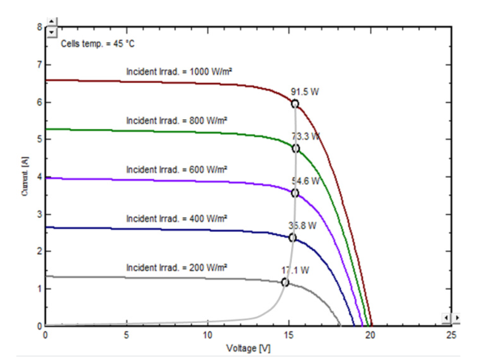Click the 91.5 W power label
point(305,92)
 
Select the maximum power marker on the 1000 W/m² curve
point(295,104)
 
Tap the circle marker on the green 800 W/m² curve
point(296,148)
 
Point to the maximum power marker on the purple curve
point(295,193)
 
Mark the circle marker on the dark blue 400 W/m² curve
point(293,238)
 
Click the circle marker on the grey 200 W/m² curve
point(285,282)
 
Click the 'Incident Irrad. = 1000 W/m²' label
point(176,72)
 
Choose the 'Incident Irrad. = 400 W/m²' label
point(176,218)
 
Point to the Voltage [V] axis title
point(248,347)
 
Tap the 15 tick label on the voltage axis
point(290,336)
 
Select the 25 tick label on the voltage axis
point(452,336)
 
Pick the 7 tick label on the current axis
point(39,64)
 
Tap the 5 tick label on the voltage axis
point(127,336)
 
